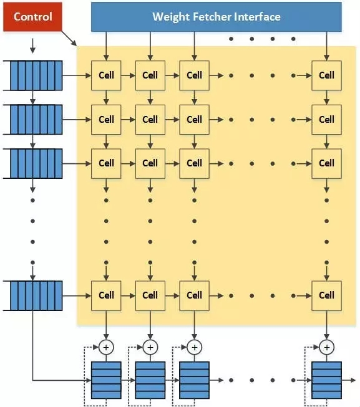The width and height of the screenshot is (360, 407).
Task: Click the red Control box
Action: coord(32,17)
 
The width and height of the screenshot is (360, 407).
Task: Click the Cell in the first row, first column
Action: coord(106,75)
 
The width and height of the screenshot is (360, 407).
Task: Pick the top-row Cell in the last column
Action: coord(326,75)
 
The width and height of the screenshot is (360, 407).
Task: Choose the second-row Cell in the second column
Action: coord(150,120)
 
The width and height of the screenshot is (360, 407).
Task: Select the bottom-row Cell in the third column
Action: coord(194,295)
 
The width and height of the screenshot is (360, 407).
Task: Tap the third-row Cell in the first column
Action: coord(106,163)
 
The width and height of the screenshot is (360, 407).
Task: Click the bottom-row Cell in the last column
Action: coord(326,295)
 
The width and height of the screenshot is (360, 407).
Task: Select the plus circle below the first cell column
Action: coord(106,347)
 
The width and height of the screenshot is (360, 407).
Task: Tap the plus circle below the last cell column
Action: coord(326,347)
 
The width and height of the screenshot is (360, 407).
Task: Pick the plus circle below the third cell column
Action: coord(194,347)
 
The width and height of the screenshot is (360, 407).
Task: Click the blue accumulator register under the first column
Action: coord(106,380)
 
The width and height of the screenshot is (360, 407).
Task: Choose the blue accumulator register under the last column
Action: coord(326,380)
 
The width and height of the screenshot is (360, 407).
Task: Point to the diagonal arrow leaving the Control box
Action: coord(69,39)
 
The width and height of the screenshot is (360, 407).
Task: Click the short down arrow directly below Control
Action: coord(32,46)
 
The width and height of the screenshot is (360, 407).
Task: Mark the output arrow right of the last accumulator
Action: coord(349,380)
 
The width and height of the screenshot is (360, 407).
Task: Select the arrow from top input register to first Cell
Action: coord(77,75)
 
